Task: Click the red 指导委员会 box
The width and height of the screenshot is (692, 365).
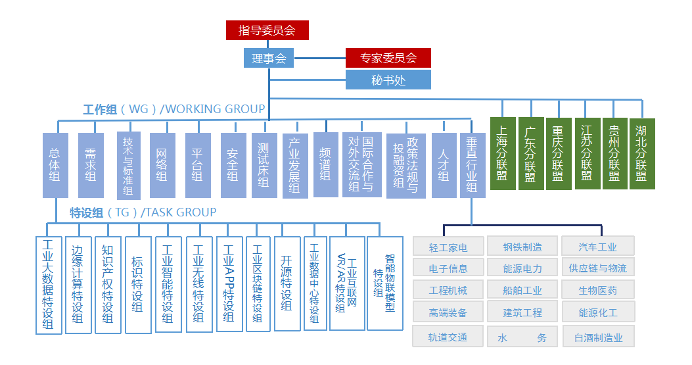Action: pos(267,30)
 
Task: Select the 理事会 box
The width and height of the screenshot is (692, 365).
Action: pos(269,59)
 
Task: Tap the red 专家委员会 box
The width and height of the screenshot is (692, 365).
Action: pos(388,58)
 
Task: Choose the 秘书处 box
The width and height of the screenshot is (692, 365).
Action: pos(388,80)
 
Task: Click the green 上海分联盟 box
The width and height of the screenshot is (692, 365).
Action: pos(503,153)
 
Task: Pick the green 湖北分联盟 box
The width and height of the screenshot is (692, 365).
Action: pos(642,153)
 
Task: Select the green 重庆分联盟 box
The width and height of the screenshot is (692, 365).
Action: pos(559,153)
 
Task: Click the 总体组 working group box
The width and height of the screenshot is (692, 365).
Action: pos(55,165)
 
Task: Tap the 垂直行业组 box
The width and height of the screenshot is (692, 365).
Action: pos(472,165)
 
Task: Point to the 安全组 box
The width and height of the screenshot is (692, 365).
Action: pos(233,165)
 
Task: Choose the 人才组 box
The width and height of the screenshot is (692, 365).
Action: pos(444,165)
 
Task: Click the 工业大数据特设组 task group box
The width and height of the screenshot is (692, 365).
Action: pos(49,285)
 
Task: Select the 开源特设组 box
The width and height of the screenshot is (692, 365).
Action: pos(287,283)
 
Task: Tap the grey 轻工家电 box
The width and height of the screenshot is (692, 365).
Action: pos(448,247)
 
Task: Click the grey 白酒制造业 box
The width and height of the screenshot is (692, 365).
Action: pos(599,337)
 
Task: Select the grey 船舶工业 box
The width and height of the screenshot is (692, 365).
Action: pos(522,290)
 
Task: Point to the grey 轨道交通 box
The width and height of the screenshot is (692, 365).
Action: pos(448,337)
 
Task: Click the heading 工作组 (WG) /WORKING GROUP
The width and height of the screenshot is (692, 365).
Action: pos(173,109)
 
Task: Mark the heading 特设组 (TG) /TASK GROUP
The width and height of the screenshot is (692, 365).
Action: pos(143,212)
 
